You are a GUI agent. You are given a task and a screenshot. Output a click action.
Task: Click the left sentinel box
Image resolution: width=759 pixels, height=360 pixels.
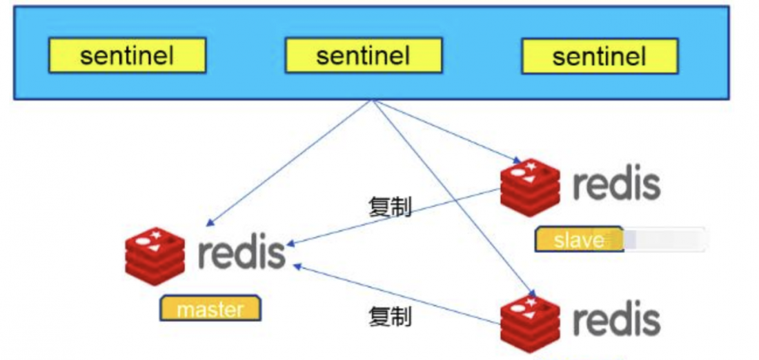127,55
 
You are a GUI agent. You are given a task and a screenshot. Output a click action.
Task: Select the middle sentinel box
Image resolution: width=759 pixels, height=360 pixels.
363,55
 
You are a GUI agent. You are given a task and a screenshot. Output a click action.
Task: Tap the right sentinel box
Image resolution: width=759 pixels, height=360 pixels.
599,55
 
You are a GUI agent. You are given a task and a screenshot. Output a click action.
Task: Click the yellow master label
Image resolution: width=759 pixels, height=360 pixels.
210,309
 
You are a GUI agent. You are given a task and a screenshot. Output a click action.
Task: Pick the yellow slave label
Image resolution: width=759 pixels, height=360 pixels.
579,239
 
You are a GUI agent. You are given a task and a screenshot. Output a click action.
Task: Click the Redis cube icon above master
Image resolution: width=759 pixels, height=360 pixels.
155,254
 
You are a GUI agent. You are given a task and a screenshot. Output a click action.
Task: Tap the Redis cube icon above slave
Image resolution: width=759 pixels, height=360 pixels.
530,185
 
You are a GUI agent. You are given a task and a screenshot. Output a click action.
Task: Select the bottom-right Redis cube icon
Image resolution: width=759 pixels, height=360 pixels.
530,321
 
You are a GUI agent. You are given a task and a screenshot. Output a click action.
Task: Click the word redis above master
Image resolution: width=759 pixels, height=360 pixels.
241,252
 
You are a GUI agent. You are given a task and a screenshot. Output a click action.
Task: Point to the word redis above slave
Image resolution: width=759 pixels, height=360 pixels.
616,183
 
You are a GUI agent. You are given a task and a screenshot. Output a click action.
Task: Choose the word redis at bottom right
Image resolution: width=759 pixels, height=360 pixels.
616,319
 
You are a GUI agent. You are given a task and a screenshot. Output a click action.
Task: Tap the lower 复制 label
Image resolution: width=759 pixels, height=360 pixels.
390,317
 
